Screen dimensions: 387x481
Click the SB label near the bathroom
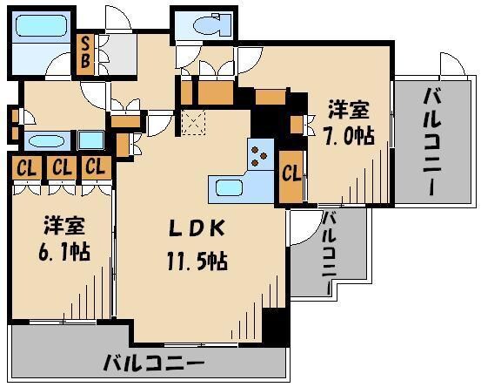click(86, 53)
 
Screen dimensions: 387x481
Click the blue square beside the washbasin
click(90, 139)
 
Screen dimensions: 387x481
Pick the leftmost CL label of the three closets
click(23, 166)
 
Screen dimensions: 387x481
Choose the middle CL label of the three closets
click(59, 166)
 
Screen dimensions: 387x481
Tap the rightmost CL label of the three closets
click(95, 166)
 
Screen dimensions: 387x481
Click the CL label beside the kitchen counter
click(291, 173)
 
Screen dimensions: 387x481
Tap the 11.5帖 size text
click(198, 261)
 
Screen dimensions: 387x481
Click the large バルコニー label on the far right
click(431, 141)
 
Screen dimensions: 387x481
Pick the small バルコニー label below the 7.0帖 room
click(329, 252)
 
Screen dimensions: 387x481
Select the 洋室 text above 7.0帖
click(348, 111)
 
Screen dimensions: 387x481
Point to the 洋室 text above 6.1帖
click(63, 225)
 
